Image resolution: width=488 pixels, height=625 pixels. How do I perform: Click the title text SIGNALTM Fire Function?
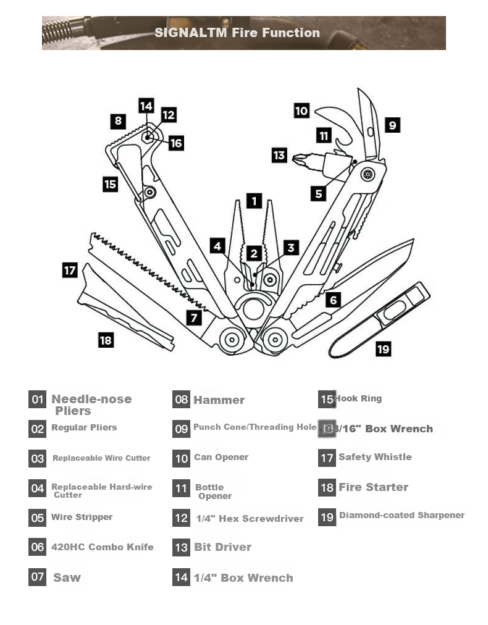click(237, 33)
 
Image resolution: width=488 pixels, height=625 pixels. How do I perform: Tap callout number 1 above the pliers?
click(254, 201)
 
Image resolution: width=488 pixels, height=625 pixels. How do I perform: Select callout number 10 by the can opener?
click(301, 111)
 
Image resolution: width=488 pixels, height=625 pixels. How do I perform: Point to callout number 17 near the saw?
click(70, 270)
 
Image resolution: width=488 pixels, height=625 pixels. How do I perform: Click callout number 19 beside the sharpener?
click(383, 349)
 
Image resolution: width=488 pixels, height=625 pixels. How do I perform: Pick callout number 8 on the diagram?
click(118, 120)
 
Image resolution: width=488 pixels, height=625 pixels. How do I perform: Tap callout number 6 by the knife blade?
click(333, 300)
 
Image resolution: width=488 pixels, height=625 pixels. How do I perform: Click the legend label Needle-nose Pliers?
click(91, 405)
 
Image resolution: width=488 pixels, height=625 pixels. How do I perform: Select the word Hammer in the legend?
click(219, 400)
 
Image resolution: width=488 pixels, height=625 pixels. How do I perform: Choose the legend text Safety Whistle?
click(375, 457)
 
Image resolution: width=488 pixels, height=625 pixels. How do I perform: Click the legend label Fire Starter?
click(373, 487)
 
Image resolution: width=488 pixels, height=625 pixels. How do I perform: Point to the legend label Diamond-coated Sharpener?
click(402, 515)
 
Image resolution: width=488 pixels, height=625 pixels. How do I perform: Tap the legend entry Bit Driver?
click(222, 547)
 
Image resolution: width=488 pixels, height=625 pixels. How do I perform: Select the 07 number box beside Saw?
click(38, 577)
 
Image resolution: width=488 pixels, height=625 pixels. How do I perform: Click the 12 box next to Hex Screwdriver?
click(181, 518)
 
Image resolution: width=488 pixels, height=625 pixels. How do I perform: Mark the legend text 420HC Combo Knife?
click(102, 547)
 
